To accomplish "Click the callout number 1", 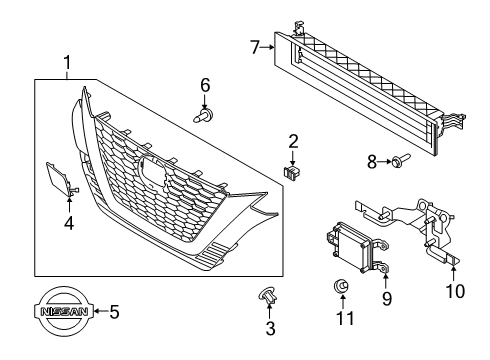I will [67, 65].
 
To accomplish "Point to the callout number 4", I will [68, 223].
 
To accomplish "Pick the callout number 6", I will [205, 85].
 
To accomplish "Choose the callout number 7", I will [256, 45].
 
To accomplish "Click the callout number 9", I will [387, 297].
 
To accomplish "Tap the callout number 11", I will [342, 317].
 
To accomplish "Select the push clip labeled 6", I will [204, 114].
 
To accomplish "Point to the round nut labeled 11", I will [342, 289].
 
